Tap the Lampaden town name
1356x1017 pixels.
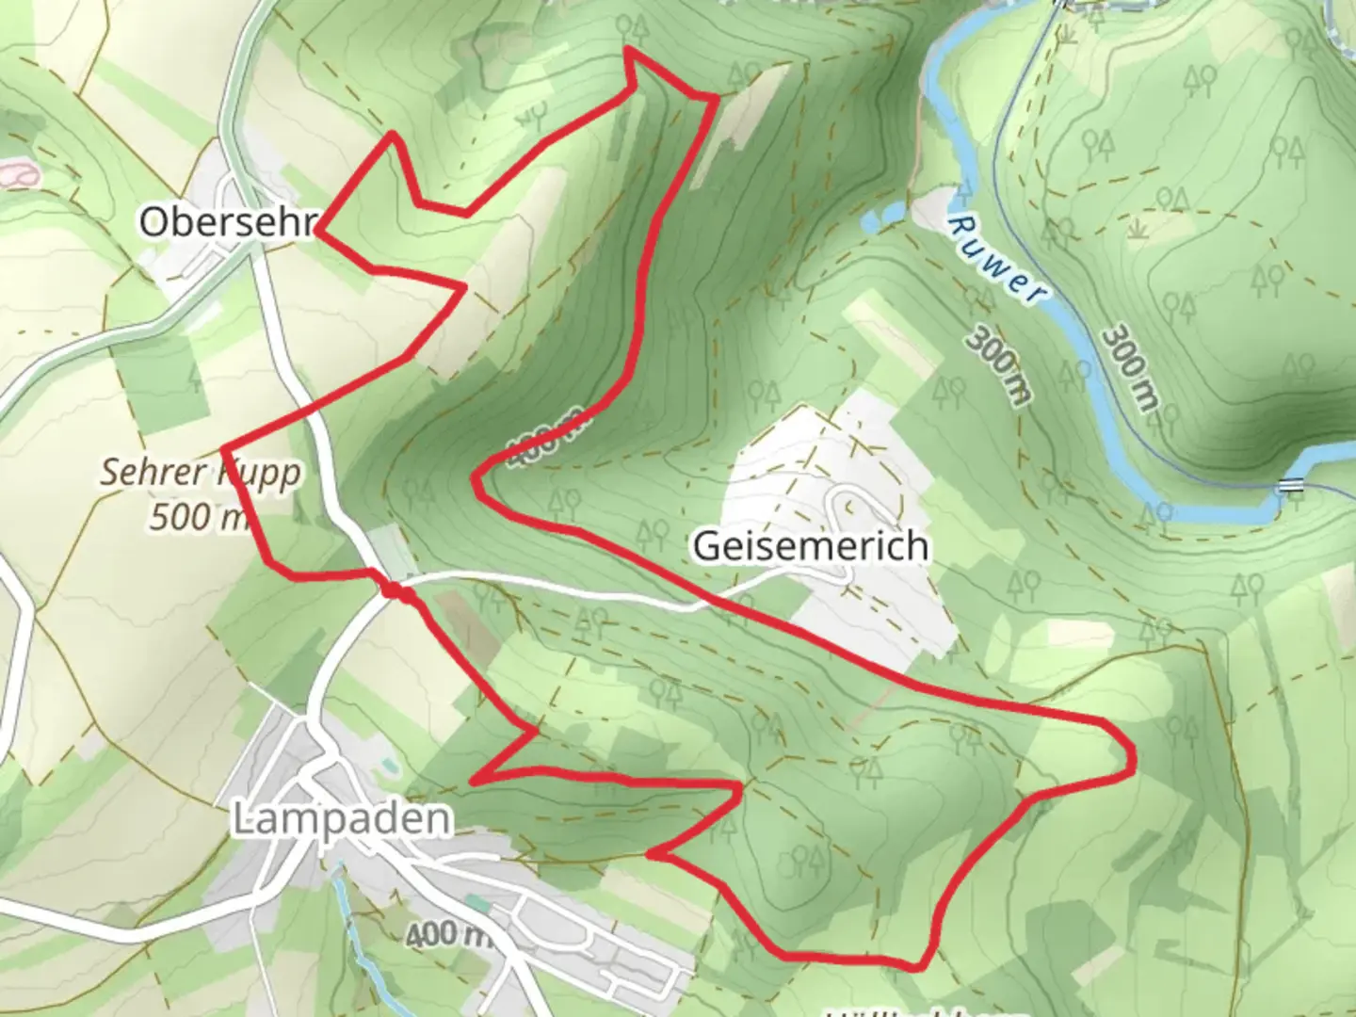point(341,819)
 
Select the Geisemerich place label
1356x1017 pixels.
point(811,546)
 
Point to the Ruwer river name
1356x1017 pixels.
point(996,258)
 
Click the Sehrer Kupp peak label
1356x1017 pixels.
point(202,472)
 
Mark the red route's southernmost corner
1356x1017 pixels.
point(918,966)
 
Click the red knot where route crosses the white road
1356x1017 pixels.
point(396,591)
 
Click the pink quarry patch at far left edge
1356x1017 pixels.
point(17,174)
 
